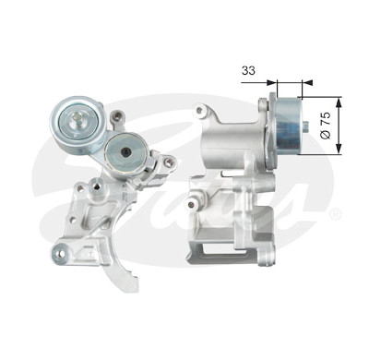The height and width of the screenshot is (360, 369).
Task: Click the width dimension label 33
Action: [x=248, y=70]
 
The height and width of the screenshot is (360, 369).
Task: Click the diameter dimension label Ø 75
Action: [x=327, y=125]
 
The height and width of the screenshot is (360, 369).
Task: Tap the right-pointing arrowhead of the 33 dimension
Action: [x=271, y=82]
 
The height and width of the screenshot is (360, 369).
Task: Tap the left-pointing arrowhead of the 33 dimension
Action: [x=308, y=82]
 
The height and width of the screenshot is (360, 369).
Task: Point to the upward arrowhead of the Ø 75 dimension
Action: [x=339, y=102]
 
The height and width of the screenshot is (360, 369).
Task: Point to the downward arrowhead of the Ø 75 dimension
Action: [x=339, y=149]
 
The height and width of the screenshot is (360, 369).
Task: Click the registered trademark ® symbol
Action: [x=335, y=214]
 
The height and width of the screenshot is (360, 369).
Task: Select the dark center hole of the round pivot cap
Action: [x=125, y=151]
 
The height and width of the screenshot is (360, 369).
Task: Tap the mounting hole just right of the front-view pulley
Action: [x=117, y=116]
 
